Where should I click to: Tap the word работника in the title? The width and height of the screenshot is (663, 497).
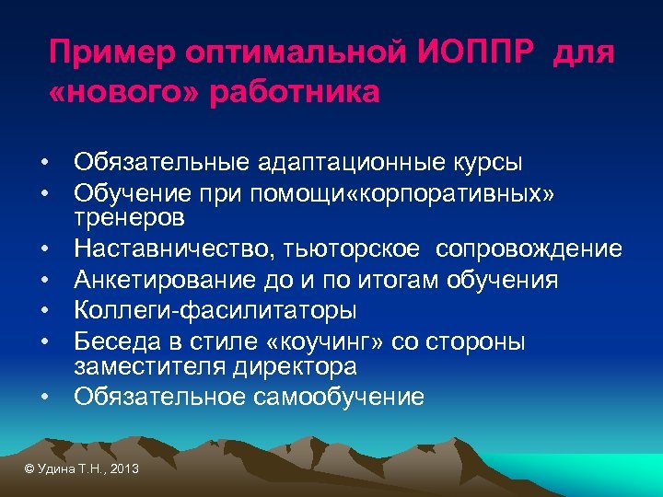[295, 93]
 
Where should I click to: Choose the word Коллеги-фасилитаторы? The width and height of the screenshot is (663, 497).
[215, 311]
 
